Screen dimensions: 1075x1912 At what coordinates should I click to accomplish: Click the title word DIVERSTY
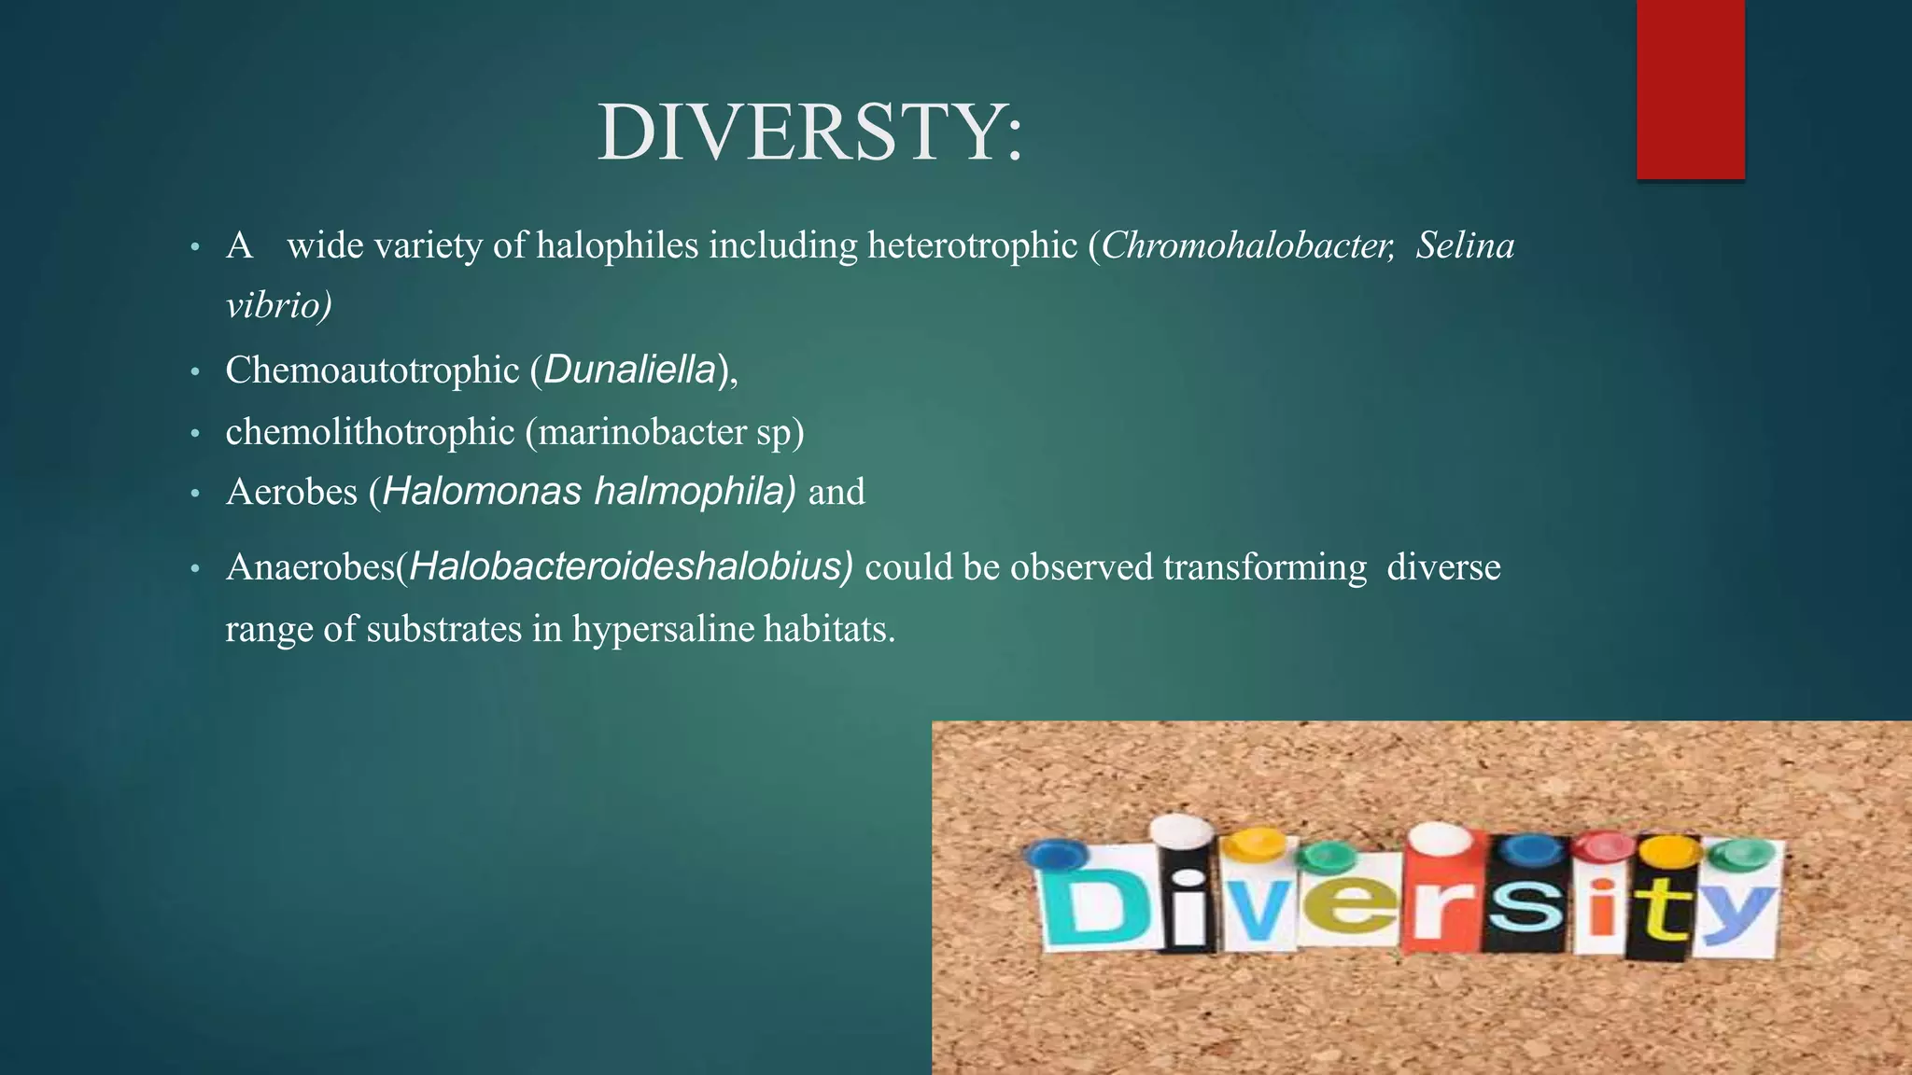808,133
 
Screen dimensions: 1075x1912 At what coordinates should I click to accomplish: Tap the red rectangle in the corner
1690,89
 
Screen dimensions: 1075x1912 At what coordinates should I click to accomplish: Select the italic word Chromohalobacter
1247,245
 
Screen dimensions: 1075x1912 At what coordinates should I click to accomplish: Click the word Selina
1464,245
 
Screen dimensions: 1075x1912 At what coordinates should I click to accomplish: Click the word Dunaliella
630,370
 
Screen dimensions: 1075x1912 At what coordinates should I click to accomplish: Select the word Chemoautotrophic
372,370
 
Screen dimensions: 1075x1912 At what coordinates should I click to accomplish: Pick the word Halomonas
482,492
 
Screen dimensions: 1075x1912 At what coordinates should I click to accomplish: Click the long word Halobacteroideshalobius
630,567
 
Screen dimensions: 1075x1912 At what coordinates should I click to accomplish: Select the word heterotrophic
972,245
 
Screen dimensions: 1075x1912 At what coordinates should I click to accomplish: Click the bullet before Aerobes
195,494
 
